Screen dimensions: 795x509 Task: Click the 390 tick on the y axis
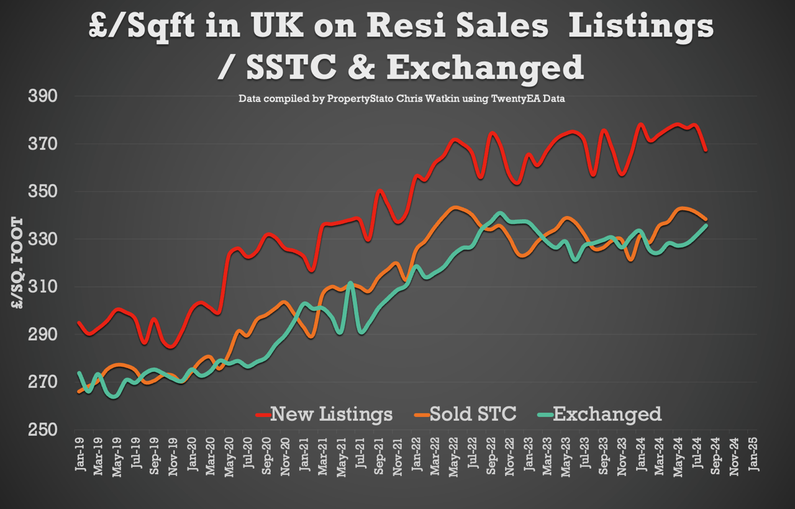(x=43, y=96)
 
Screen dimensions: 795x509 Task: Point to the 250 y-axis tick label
(x=43, y=430)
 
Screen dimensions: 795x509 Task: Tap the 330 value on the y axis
(x=43, y=240)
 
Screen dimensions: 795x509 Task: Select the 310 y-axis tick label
(x=43, y=287)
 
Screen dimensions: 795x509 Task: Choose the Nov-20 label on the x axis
(x=285, y=456)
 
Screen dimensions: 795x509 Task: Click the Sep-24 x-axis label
(x=715, y=456)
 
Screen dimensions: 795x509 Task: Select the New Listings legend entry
(x=324, y=414)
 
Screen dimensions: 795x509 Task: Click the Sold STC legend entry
(x=465, y=414)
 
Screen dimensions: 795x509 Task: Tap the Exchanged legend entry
(x=600, y=414)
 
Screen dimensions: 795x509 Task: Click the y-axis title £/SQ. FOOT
(x=17, y=263)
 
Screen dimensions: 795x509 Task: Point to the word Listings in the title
(x=641, y=27)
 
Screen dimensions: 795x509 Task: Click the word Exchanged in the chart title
(x=485, y=68)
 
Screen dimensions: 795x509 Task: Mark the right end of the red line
(x=706, y=150)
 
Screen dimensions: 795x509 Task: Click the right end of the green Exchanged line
(x=706, y=225)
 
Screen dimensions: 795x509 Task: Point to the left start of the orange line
(x=79, y=392)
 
